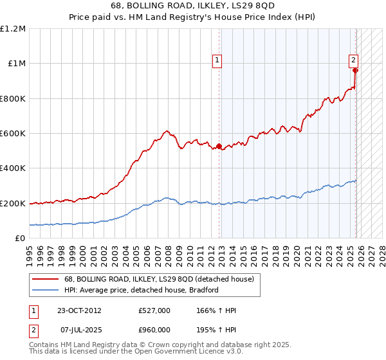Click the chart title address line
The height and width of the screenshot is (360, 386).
[x=193, y=7]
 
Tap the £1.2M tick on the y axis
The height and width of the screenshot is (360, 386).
[x=14, y=29]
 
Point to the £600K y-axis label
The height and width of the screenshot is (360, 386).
[x=13, y=134]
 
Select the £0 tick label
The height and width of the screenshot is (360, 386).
[x=20, y=239]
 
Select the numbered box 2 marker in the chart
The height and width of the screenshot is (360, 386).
[x=354, y=60]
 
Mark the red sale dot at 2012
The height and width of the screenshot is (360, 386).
[x=219, y=147]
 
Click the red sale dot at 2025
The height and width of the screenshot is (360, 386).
[x=355, y=71]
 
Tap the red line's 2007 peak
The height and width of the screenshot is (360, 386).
[x=167, y=131]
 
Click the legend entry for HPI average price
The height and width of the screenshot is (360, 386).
[x=142, y=290]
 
